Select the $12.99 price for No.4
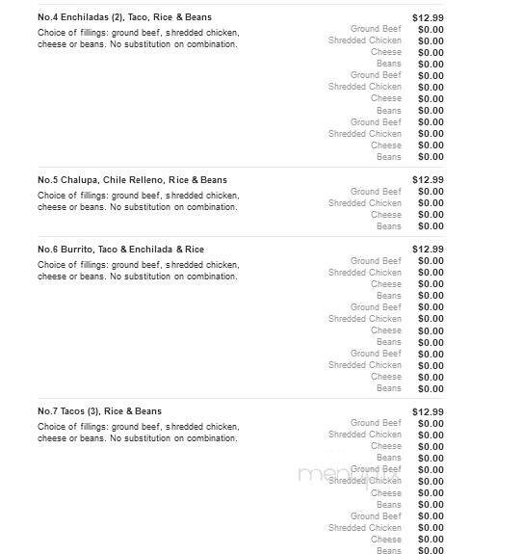point(428,17)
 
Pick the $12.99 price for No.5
point(428,180)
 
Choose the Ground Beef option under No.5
point(376,192)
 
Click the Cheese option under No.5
point(386,215)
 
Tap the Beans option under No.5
point(389,226)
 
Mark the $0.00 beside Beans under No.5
point(431,226)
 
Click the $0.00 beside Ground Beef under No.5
point(431,192)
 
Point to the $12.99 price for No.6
point(428,250)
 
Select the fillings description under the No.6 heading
point(138,271)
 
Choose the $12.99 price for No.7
point(428,411)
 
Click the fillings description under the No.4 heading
point(138,39)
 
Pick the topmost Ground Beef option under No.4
point(376,29)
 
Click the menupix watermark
point(333,473)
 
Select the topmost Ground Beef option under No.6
point(376,261)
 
